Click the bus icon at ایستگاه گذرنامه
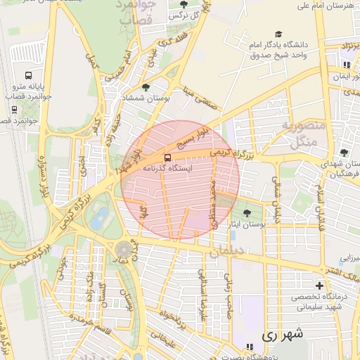167,157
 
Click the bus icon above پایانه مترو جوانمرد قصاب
28,75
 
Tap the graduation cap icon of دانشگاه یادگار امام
278,34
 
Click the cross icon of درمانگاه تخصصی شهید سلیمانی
320,285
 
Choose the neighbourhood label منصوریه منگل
304,134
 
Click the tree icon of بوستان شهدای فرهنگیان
343,153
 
